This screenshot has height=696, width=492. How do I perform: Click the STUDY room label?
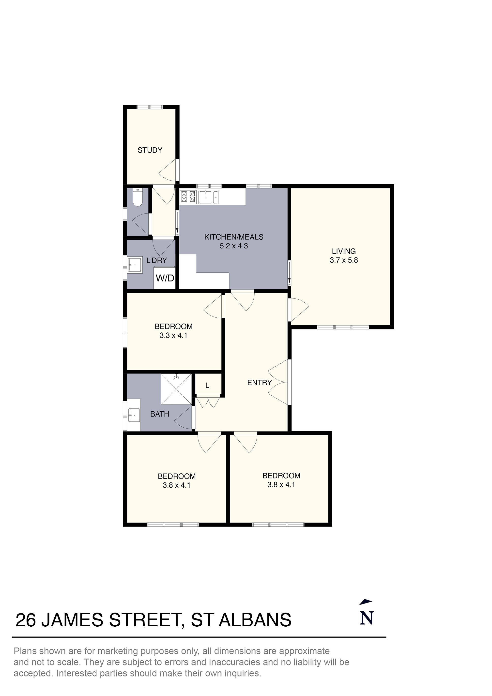pos(150,150)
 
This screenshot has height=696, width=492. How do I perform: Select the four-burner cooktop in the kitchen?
pos(188,196)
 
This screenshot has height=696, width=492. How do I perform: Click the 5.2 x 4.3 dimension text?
pos(234,246)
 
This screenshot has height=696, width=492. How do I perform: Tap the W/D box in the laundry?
pos(165,278)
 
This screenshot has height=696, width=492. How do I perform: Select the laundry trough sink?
pos(135,265)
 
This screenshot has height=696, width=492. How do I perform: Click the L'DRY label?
pos(156,260)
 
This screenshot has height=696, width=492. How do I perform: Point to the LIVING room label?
pos(343,251)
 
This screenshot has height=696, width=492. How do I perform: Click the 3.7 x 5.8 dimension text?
pos(343,260)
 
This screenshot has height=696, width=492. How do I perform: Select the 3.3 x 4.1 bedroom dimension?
pos(173,335)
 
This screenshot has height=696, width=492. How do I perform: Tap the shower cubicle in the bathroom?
pos(176,389)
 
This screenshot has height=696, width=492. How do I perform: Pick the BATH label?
pos(159,414)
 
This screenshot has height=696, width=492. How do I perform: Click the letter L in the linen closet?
pos(207,386)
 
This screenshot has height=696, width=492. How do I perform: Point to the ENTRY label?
pos(260,383)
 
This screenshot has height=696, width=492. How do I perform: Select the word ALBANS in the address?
pos(255,620)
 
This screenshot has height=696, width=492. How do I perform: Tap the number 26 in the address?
pos(26,620)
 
